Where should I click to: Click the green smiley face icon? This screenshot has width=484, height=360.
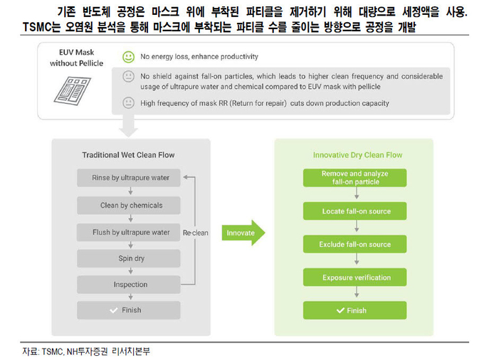128,57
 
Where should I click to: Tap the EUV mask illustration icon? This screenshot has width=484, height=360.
72,91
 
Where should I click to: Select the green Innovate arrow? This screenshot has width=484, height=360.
243,233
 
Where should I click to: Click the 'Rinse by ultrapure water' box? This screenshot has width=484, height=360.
128,178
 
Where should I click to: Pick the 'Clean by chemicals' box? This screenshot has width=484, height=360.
128,205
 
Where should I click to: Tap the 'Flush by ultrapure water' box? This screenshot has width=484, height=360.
128,232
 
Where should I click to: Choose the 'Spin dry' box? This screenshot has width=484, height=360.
128,258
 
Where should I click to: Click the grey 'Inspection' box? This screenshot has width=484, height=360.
128,285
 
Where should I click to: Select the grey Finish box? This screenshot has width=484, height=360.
128,310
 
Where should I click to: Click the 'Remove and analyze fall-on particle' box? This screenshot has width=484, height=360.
354,178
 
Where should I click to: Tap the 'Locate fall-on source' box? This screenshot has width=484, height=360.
354,211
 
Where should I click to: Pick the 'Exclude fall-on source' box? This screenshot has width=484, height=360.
354,244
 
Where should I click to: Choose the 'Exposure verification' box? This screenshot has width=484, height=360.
354,277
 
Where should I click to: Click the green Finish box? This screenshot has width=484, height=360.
354,310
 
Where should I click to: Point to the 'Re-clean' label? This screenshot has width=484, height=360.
196,233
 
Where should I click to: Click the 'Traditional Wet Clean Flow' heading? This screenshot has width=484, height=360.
128,155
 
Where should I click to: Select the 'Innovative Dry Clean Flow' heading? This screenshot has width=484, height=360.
357,155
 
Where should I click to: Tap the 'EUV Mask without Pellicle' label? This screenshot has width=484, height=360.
77,58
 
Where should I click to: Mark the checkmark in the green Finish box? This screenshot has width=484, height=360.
340,310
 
